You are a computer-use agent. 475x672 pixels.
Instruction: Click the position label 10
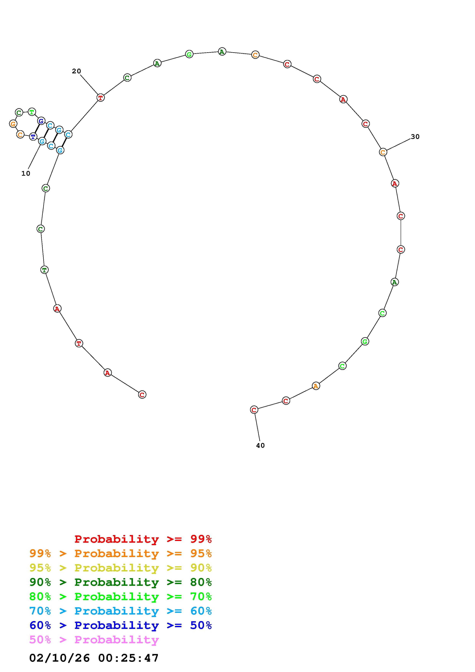point(26,174)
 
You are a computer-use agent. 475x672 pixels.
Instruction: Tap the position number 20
point(76,71)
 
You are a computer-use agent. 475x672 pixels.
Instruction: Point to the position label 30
point(415,137)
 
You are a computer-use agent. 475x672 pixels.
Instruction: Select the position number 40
point(260,445)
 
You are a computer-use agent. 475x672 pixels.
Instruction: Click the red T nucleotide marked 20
point(100,98)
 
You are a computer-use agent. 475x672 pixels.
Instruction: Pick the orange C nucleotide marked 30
point(383,152)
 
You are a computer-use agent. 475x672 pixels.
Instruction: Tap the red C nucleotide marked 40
point(254,410)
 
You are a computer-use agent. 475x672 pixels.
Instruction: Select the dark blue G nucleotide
point(41,121)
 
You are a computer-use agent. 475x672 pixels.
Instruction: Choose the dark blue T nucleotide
point(33,137)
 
